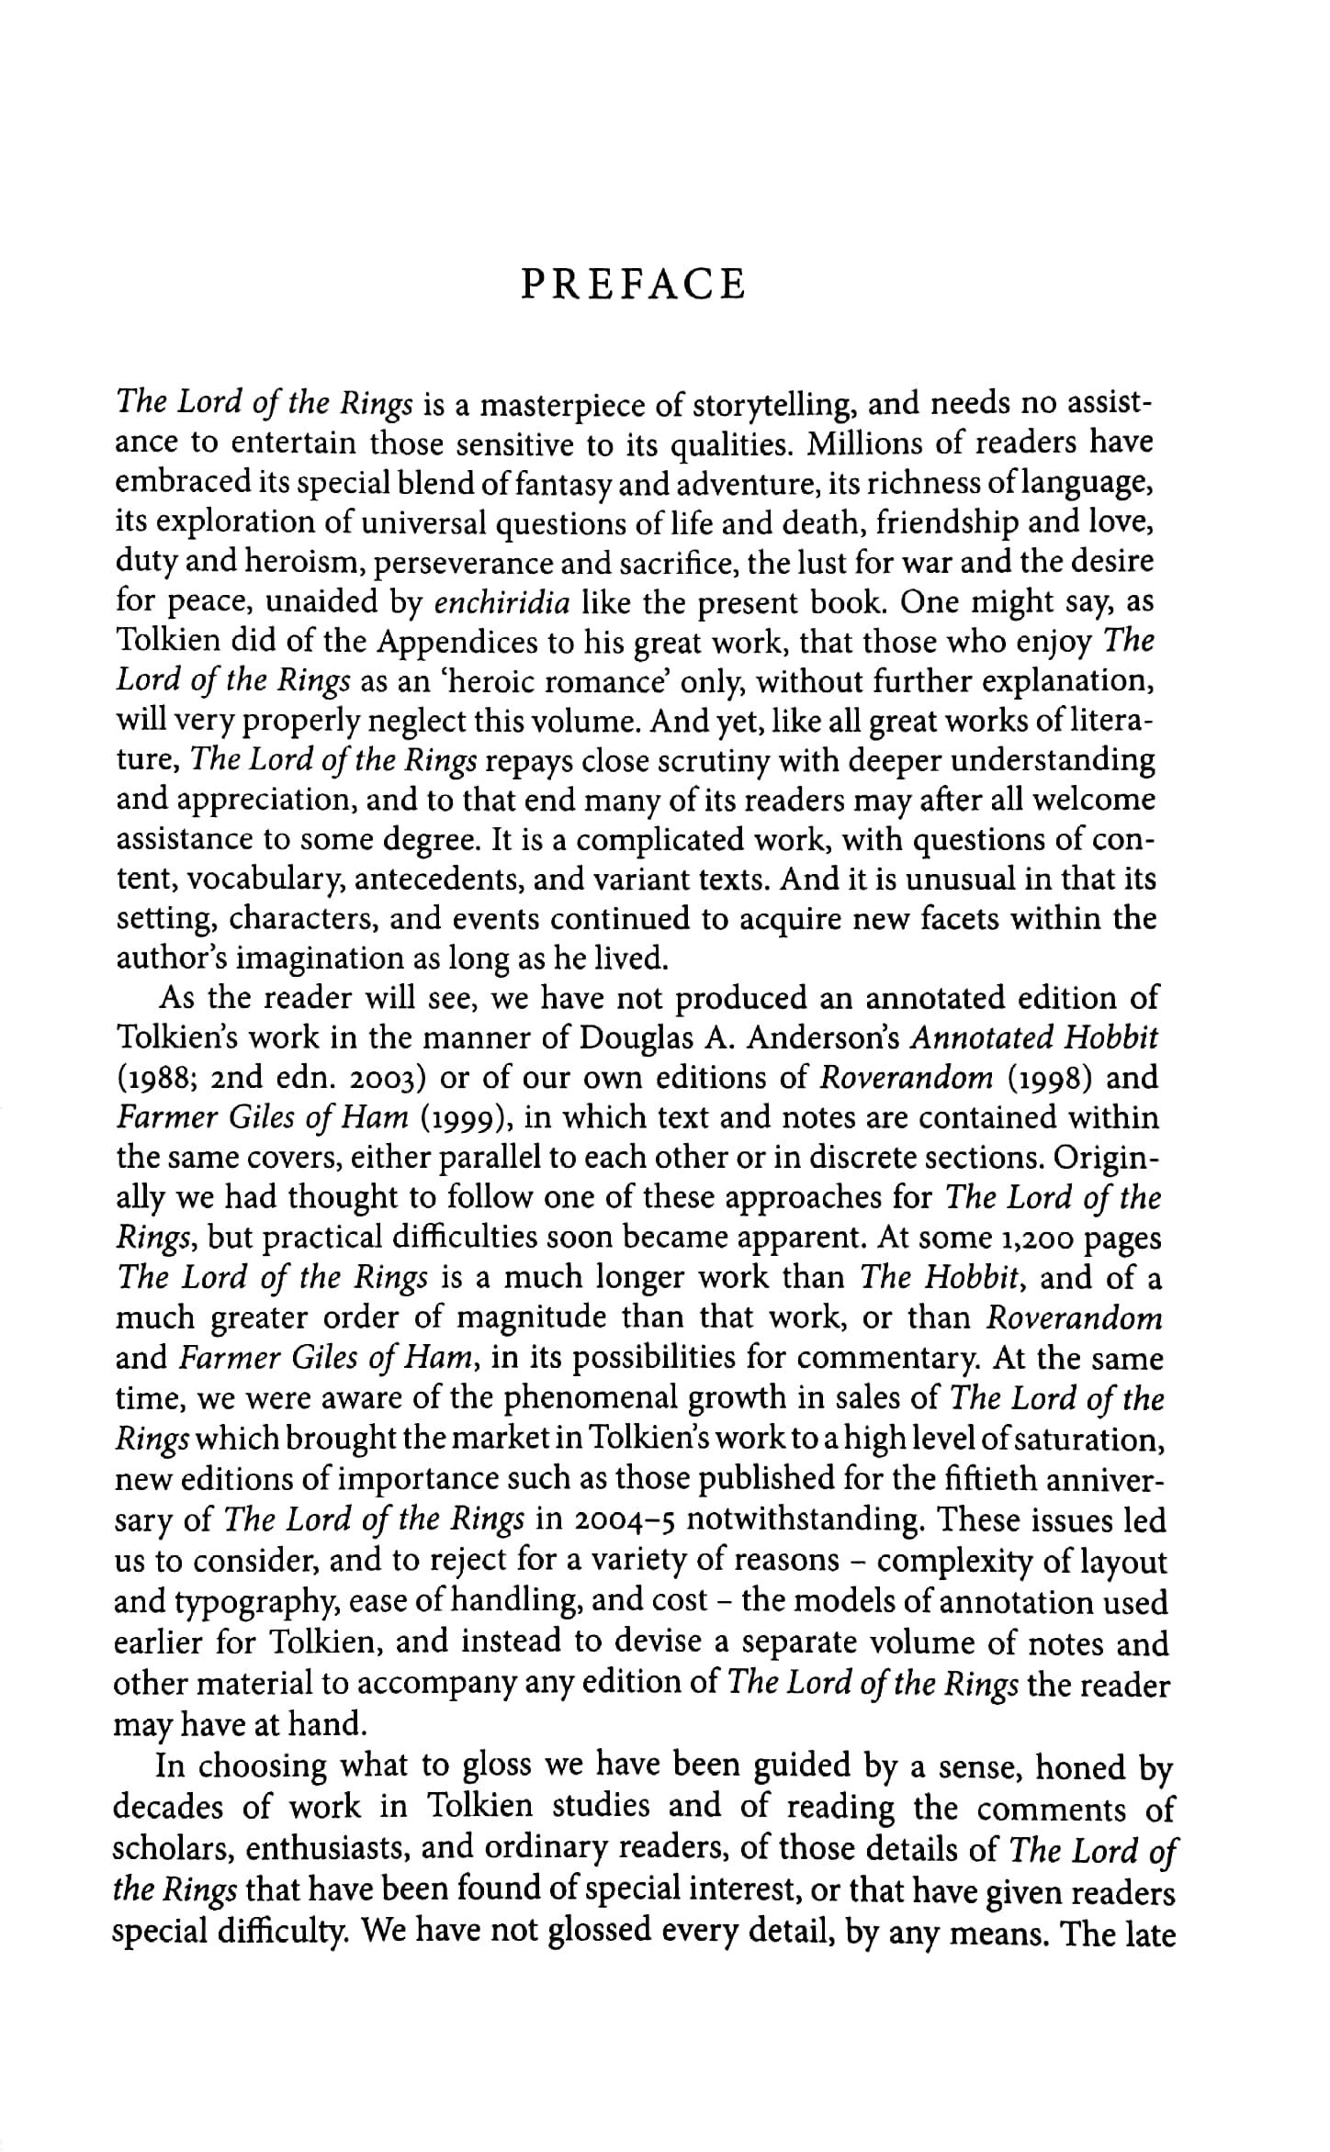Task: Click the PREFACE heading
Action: tap(633, 284)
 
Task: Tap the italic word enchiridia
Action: tap(502, 602)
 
